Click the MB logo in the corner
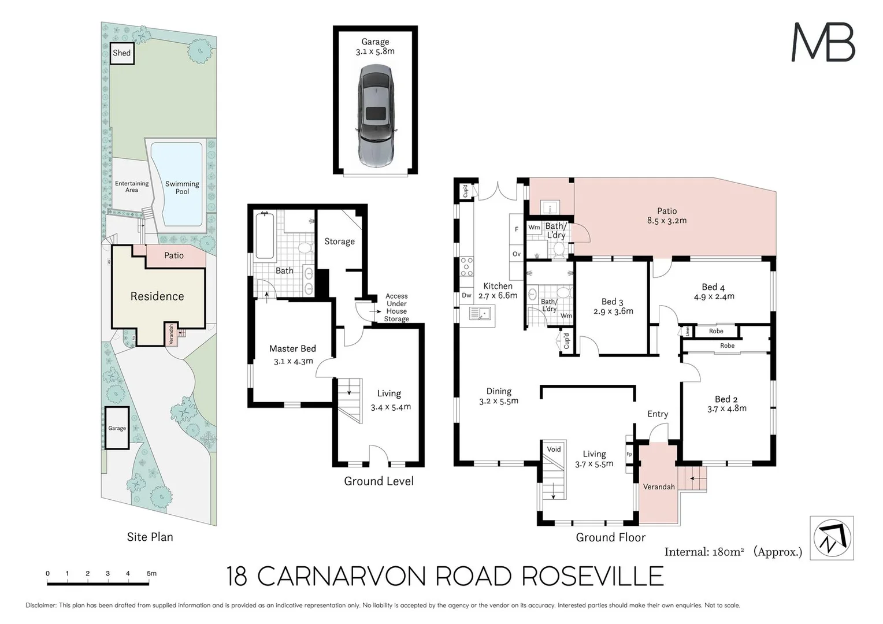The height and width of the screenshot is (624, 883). click(822, 42)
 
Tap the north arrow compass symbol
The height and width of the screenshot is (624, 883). click(832, 538)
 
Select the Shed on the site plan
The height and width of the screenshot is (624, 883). click(122, 53)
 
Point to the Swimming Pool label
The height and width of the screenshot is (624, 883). click(182, 188)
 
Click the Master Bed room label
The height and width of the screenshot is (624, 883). click(292, 348)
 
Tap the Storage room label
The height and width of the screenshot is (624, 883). click(339, 242)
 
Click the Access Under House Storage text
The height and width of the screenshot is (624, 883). click(396, 307)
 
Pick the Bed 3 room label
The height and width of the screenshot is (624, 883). click(613, 302)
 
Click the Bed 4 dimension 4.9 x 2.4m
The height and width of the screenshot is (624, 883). click(714, 297)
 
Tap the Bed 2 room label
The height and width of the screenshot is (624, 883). click(726, 399)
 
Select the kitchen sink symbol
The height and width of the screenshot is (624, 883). click(479, 314)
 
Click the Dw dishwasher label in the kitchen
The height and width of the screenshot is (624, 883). click(466, 295)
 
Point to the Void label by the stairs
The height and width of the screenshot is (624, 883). click(554, 449)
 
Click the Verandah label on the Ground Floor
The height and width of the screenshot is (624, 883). click(659, 487)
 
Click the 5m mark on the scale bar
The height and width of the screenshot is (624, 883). click(151, 574)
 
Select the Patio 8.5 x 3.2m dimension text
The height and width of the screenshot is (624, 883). click(666, 221)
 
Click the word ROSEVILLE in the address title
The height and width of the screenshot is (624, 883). click(592, 577)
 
